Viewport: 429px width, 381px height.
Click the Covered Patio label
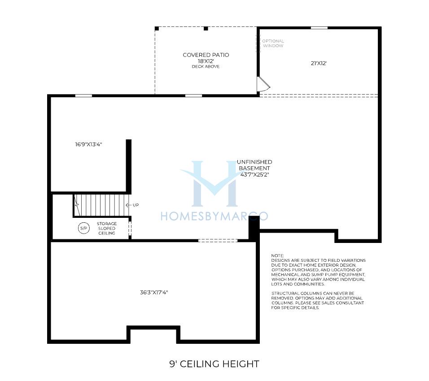[x=206, y=55]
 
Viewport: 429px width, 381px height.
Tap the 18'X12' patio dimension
[x=206, y=61]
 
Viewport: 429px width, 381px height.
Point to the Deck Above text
[x=206, y=66]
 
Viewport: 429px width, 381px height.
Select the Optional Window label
[x=273, y=43]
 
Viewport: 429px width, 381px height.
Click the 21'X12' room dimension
[x=319, y=63]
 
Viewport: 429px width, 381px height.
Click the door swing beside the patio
[x=264, y=84]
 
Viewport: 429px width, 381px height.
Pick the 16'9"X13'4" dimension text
[x=88, y=144]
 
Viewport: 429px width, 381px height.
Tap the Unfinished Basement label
[x=254, y=165]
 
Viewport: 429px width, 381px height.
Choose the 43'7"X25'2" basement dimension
[x=255, y=174]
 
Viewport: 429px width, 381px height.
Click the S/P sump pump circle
[x=84, y=228]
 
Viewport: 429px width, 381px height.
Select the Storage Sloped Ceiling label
[x=107, y=228]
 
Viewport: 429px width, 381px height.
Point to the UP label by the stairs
[x=136, y=205]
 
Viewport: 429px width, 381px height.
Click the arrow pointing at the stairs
[x=129, y=205]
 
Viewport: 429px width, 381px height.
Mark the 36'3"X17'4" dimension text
[x=154, y=292]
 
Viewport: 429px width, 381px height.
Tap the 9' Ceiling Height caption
[x=214, y=364]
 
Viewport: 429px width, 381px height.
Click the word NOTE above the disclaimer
[x=277, y=255]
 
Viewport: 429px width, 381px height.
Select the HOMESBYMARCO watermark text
[x=214, y=216]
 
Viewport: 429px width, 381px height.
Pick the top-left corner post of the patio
[x=157, y=28]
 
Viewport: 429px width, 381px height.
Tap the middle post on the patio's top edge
[x=206, y=28]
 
